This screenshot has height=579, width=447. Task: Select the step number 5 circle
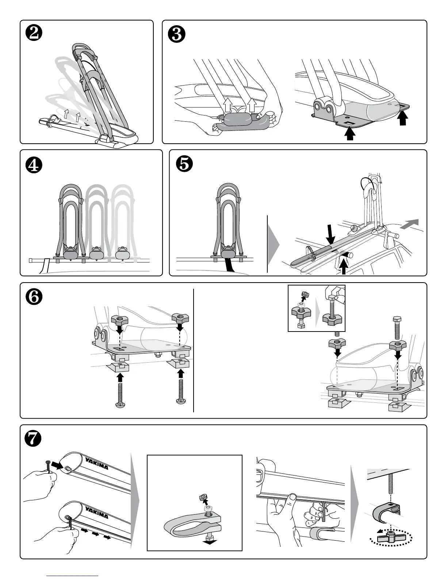click(184, 164)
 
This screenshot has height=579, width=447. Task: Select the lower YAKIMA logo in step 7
click(96, 512)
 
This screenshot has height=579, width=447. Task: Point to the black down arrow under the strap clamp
click(209, 543)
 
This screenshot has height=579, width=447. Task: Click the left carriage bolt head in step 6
click(121, 405)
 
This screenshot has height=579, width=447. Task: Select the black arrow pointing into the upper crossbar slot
click(57, 465)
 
